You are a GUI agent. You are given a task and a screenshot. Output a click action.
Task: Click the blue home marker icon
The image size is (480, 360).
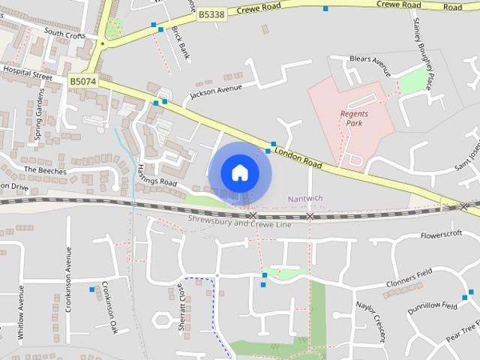pos(239,172)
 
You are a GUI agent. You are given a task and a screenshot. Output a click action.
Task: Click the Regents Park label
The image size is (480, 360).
pos(355,118)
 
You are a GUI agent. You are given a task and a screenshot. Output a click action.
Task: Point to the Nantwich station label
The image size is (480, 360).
pos(305,199)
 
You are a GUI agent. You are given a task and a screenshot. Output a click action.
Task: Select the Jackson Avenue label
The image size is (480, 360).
pos(216,91)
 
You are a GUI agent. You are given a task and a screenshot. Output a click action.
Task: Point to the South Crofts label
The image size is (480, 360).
pos(64,33)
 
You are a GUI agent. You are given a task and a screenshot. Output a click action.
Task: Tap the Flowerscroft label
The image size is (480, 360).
pos(442,235)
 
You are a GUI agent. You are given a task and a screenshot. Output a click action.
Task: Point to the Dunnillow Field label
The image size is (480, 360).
pos(432,306)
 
